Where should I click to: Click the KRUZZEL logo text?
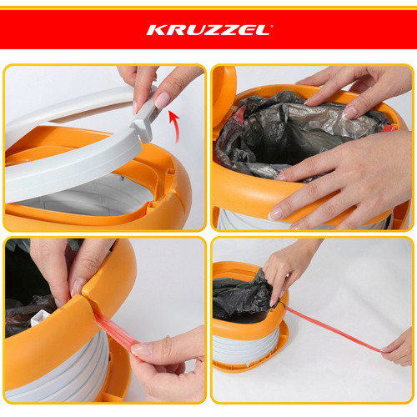click(208, 30)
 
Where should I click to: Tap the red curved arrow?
click(176, 127)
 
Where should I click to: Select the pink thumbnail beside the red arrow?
click(162, 100)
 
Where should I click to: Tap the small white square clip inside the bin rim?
click(40, 318)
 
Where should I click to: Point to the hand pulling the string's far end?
click(398, 348)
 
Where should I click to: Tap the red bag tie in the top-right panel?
click(389, 128)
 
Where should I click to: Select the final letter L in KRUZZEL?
click(264, 30)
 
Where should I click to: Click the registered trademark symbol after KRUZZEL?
click(271, 26)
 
